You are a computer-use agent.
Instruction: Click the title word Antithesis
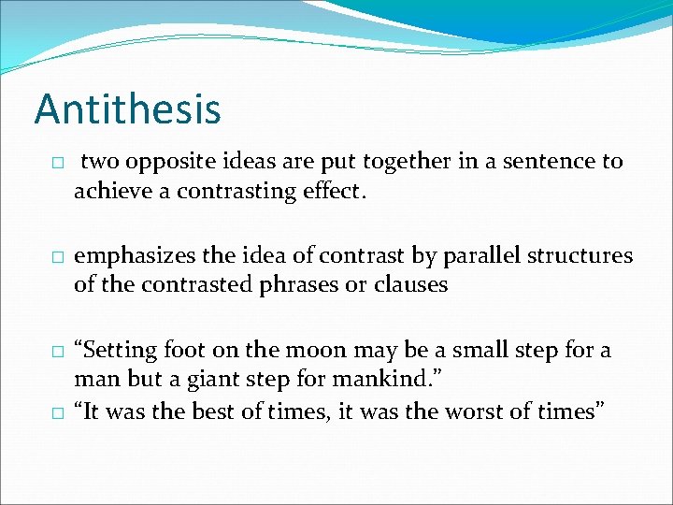coord(127,108)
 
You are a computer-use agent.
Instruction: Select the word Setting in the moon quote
coord(118,351)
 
